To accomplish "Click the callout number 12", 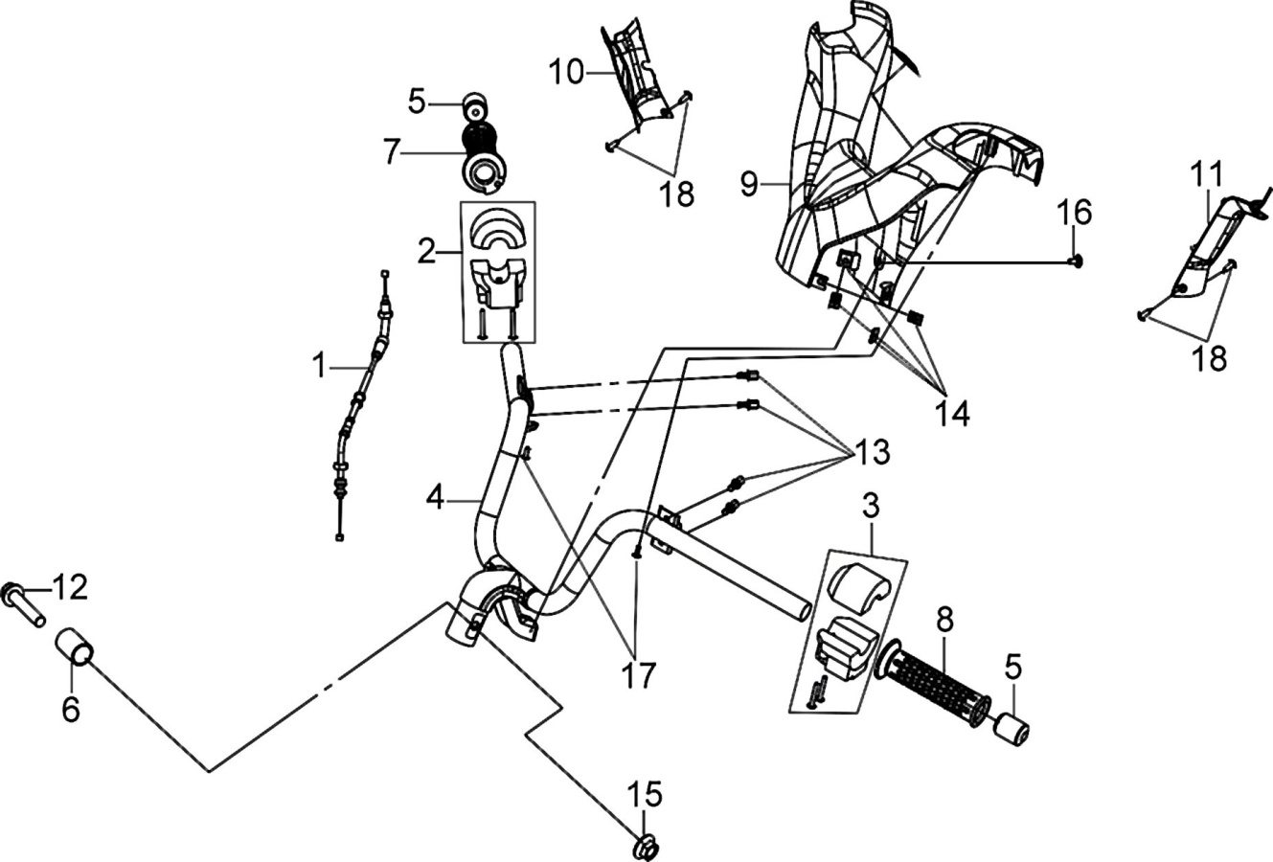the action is tap(71, 587).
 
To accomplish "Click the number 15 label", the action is tap(645, 793).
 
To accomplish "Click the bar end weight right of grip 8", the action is tap(1011, 728).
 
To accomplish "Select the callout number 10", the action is tap(567, 73).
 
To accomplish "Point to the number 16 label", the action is tap(1074, 212).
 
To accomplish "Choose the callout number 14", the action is tap(953, 414).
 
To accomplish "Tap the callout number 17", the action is tap(639, 675).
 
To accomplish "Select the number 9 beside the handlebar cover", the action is tap(750, 184).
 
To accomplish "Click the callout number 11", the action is tap(1208, 175).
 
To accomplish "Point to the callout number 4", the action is tap(435, 500).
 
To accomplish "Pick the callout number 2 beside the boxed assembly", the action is tap(426, 252).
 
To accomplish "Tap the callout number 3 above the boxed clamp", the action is tap(871, 506).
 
